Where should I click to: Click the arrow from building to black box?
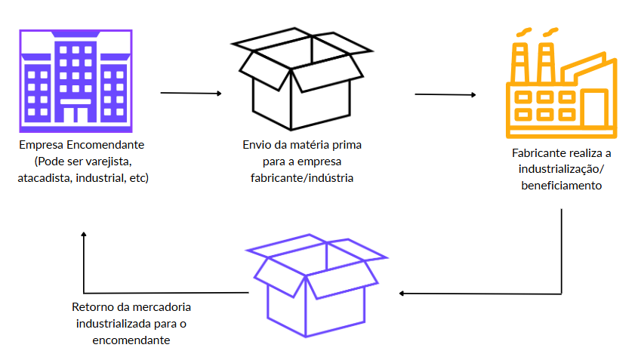coord(191,94)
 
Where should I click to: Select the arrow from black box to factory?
coord(445,95)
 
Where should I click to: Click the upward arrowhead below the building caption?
coord(84,235)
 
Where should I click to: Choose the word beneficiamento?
coord(561,185)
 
